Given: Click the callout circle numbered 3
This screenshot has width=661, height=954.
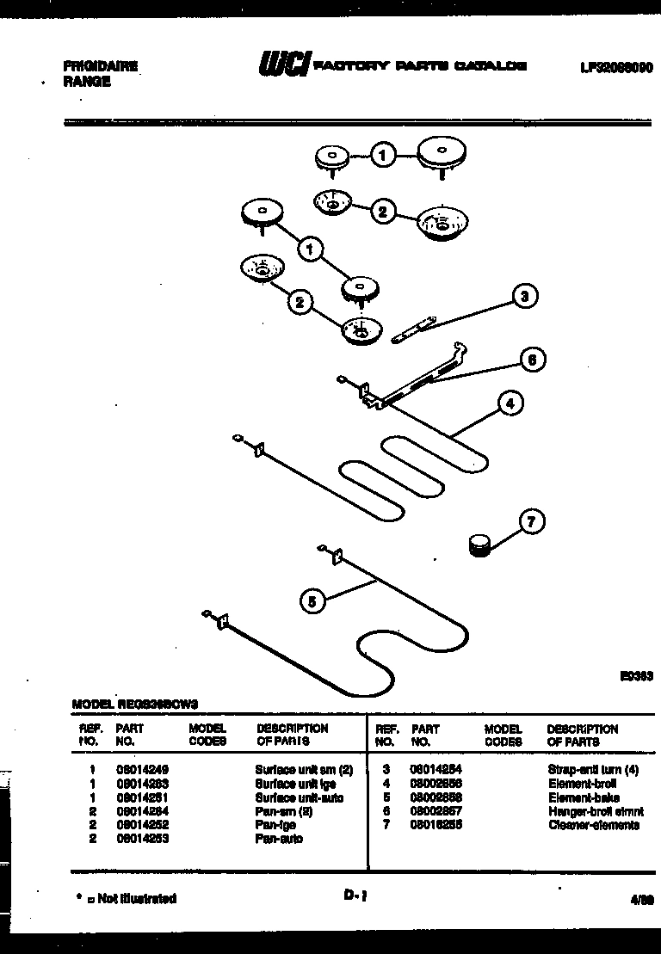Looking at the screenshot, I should coord(524,297).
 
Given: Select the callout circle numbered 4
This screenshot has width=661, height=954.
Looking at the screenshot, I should coord(510,403).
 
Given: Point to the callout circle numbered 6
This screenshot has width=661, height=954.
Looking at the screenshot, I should coord(532,360).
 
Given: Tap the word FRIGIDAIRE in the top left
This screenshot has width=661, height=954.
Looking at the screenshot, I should coord(101,66).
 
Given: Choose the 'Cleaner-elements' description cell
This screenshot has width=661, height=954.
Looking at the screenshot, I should coord(593,825).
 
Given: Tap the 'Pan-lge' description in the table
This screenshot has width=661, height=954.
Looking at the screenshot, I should coord(275,825).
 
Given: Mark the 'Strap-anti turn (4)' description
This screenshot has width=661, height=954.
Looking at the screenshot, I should coord(592,771).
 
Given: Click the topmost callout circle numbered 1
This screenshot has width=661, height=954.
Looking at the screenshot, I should coord(384,155).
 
